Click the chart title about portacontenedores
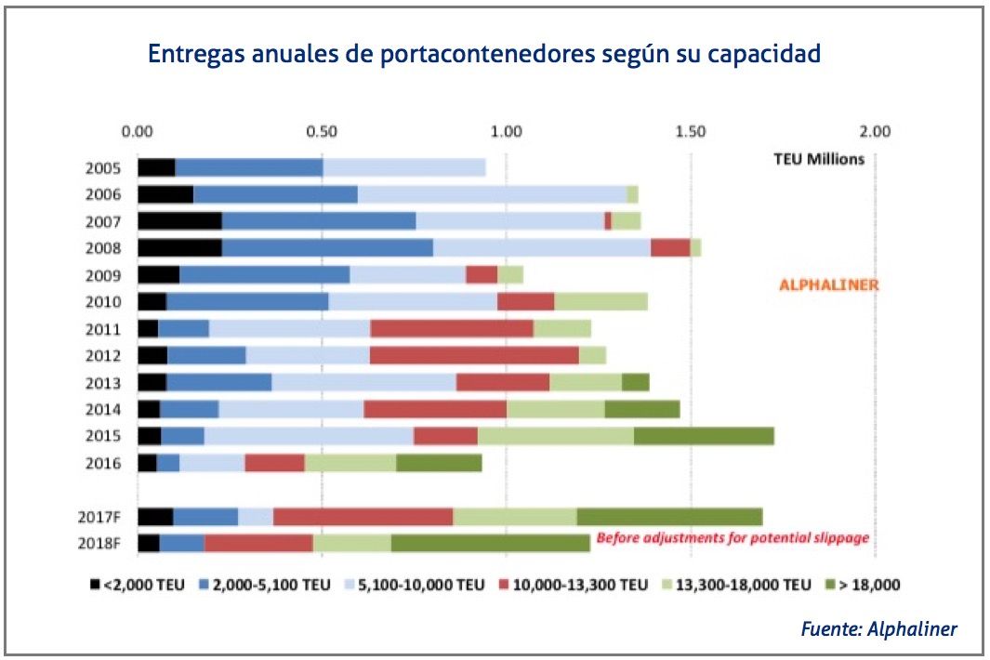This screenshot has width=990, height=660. (483, 53)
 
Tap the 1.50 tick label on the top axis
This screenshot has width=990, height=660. (691, 131)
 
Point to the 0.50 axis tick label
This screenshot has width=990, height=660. (322, 131)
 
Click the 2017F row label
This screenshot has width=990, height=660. (100, 518)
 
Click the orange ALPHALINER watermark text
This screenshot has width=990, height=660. (827, 285)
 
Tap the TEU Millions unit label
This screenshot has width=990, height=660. (819, 159)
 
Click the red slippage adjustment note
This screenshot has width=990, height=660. (733, 537)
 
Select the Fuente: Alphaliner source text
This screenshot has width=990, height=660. (878, 629)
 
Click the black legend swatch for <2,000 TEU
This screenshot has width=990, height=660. (96, 585)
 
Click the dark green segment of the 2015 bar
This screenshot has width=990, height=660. (704, 436)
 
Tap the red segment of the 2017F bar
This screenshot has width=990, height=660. (363, 517)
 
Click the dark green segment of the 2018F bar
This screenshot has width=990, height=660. (490, 544)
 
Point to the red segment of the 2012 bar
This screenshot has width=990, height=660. (474, 355)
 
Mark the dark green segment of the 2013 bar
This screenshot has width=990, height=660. (635, 382)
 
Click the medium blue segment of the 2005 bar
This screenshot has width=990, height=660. (249, 168)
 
